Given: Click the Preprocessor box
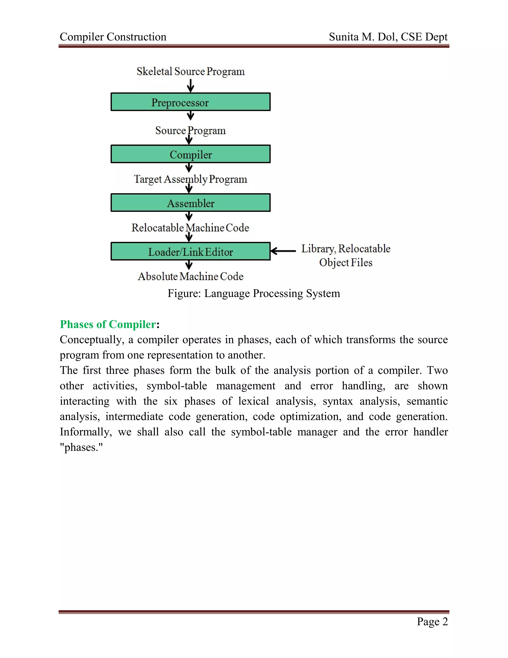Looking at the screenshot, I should coord(190,102).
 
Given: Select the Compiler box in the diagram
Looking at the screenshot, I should coord(190,154).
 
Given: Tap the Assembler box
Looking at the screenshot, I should coord(190,203).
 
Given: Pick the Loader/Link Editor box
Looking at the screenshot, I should coord(190,252).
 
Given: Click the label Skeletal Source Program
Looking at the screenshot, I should coord(190,72).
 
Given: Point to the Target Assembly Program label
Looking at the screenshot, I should coord(190,179).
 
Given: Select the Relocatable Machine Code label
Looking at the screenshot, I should coord(190,228).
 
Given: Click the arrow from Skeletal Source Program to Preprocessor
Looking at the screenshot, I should coord(190,86).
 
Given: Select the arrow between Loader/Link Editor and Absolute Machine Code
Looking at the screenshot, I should coord(189,265).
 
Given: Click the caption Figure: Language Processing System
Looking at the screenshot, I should coord(254,293).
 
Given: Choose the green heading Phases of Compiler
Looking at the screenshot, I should coord(108,325).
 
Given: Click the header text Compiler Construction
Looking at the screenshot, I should coord(113,37).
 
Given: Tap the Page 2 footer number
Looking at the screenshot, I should coord(432,621).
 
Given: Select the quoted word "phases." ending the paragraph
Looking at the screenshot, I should coord(81,447).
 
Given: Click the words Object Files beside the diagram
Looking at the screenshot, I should coord(346,262).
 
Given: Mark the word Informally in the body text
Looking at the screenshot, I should coord(86,432).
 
